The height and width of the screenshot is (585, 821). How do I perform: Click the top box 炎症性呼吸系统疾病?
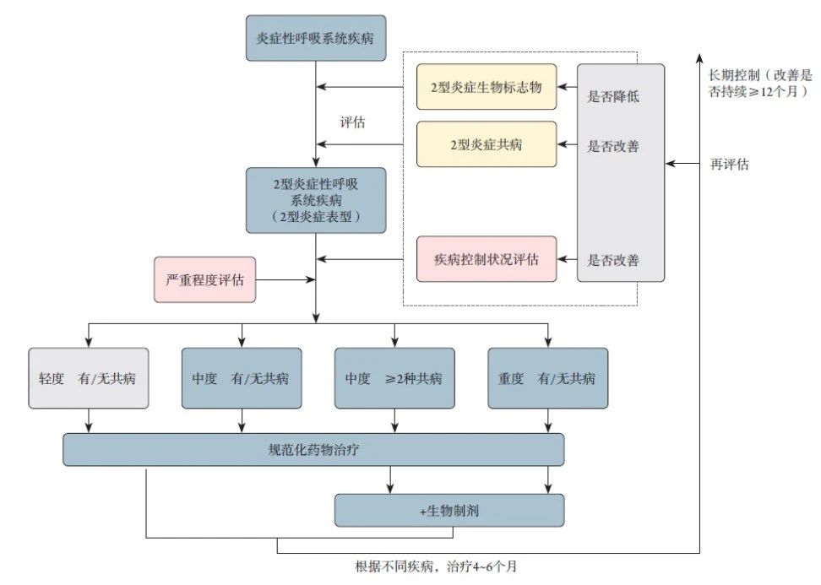pos(316,38)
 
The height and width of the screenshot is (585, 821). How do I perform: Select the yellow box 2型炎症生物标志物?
pos(487,86)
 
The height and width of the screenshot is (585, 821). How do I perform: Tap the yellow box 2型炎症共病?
pos(487,144)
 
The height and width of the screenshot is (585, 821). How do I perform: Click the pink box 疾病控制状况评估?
pos(487,259)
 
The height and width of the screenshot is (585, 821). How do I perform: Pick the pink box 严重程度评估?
pos(204,279)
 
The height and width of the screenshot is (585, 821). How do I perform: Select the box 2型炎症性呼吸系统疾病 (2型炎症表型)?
pos(316,199)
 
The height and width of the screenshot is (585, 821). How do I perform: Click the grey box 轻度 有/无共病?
pos(89,378)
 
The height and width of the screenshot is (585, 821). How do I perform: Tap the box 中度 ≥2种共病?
pos(394,378)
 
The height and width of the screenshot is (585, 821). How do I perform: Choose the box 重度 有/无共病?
pos(547,378)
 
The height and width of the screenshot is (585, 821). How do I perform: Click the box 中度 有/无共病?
pos(242,378)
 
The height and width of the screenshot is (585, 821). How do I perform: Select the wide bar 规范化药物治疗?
pos(313,449)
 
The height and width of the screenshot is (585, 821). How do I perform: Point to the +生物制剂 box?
pos(449,510)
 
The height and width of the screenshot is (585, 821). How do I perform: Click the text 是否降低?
pos(613,96)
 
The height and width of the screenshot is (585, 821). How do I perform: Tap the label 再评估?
pos(730,164)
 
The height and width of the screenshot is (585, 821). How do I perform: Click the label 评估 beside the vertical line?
pos(352,122)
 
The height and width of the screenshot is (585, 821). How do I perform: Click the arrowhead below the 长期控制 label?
pos(700,56)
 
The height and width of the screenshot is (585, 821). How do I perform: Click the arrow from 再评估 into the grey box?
pos(684,164)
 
